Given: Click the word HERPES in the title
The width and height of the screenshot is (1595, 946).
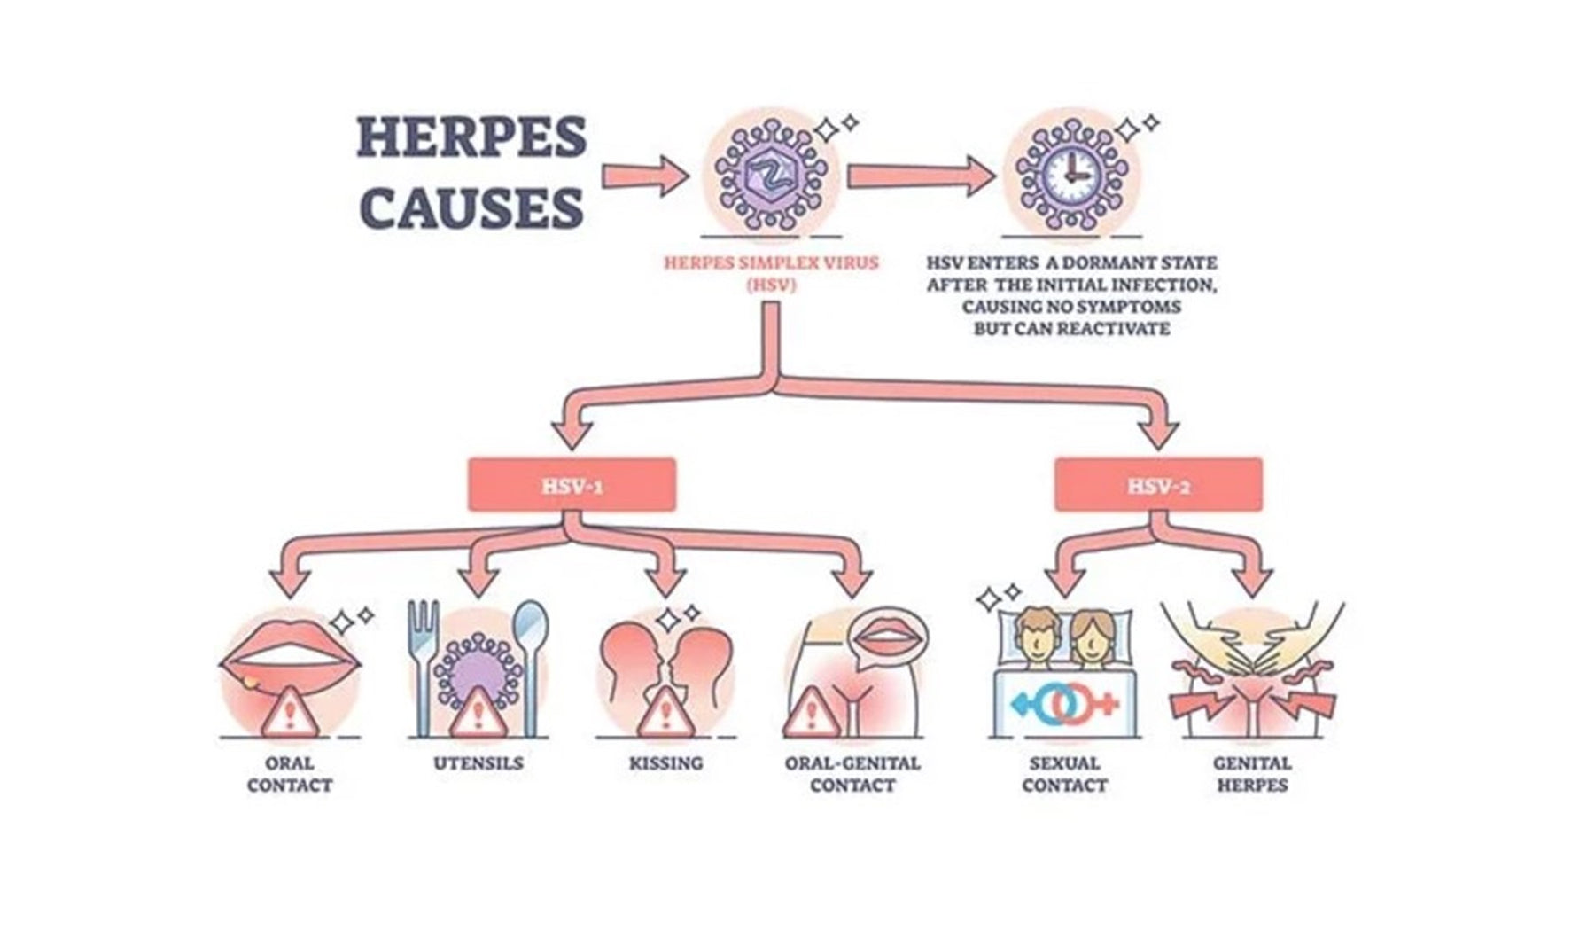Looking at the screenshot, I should point(471,138).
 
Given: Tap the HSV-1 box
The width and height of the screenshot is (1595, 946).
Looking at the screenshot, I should point(572,485).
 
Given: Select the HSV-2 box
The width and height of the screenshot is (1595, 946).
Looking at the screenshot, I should point(1158,485).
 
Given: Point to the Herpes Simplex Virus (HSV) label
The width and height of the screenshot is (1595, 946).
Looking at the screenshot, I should point(771,273).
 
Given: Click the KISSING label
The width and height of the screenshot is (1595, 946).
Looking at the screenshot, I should point(665,762).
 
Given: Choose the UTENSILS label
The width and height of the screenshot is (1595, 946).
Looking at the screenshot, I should point(478,762).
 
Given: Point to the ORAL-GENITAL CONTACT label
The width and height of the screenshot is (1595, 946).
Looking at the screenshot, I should point(852,774).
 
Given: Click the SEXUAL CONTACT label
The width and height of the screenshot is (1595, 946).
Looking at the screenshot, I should point(1064,774).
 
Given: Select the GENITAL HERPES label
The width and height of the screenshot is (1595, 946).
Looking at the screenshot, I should point(1252,774).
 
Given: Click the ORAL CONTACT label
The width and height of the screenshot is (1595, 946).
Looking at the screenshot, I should point(290,774).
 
